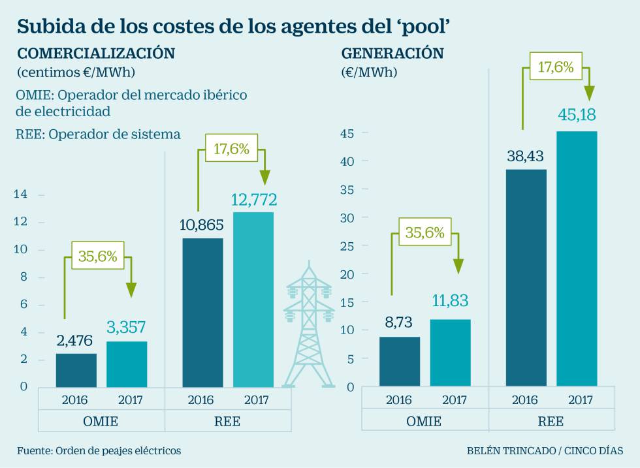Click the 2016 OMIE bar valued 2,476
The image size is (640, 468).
coord(76,370)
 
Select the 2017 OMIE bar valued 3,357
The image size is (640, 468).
coord(127,364)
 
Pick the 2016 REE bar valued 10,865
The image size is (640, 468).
coord(203,313)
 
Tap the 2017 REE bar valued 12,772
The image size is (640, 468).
coord(253,300)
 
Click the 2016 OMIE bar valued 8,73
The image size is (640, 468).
coord(400,362)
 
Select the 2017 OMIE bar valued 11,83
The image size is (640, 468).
coord(450,352)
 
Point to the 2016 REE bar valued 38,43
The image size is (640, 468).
coord(526,278)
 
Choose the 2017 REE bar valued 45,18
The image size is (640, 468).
coord(577,259)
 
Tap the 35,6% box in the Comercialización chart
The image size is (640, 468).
coord(98,256)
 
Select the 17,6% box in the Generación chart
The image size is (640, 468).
coord(556,67)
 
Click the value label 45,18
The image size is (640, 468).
coord(577,116)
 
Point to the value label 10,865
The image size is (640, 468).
coord(201,225)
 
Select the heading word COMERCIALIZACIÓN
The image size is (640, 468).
coord(95,53)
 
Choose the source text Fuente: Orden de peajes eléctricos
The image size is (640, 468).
coord(99,450)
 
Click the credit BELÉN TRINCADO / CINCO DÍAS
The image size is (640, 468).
coord(545,450)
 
